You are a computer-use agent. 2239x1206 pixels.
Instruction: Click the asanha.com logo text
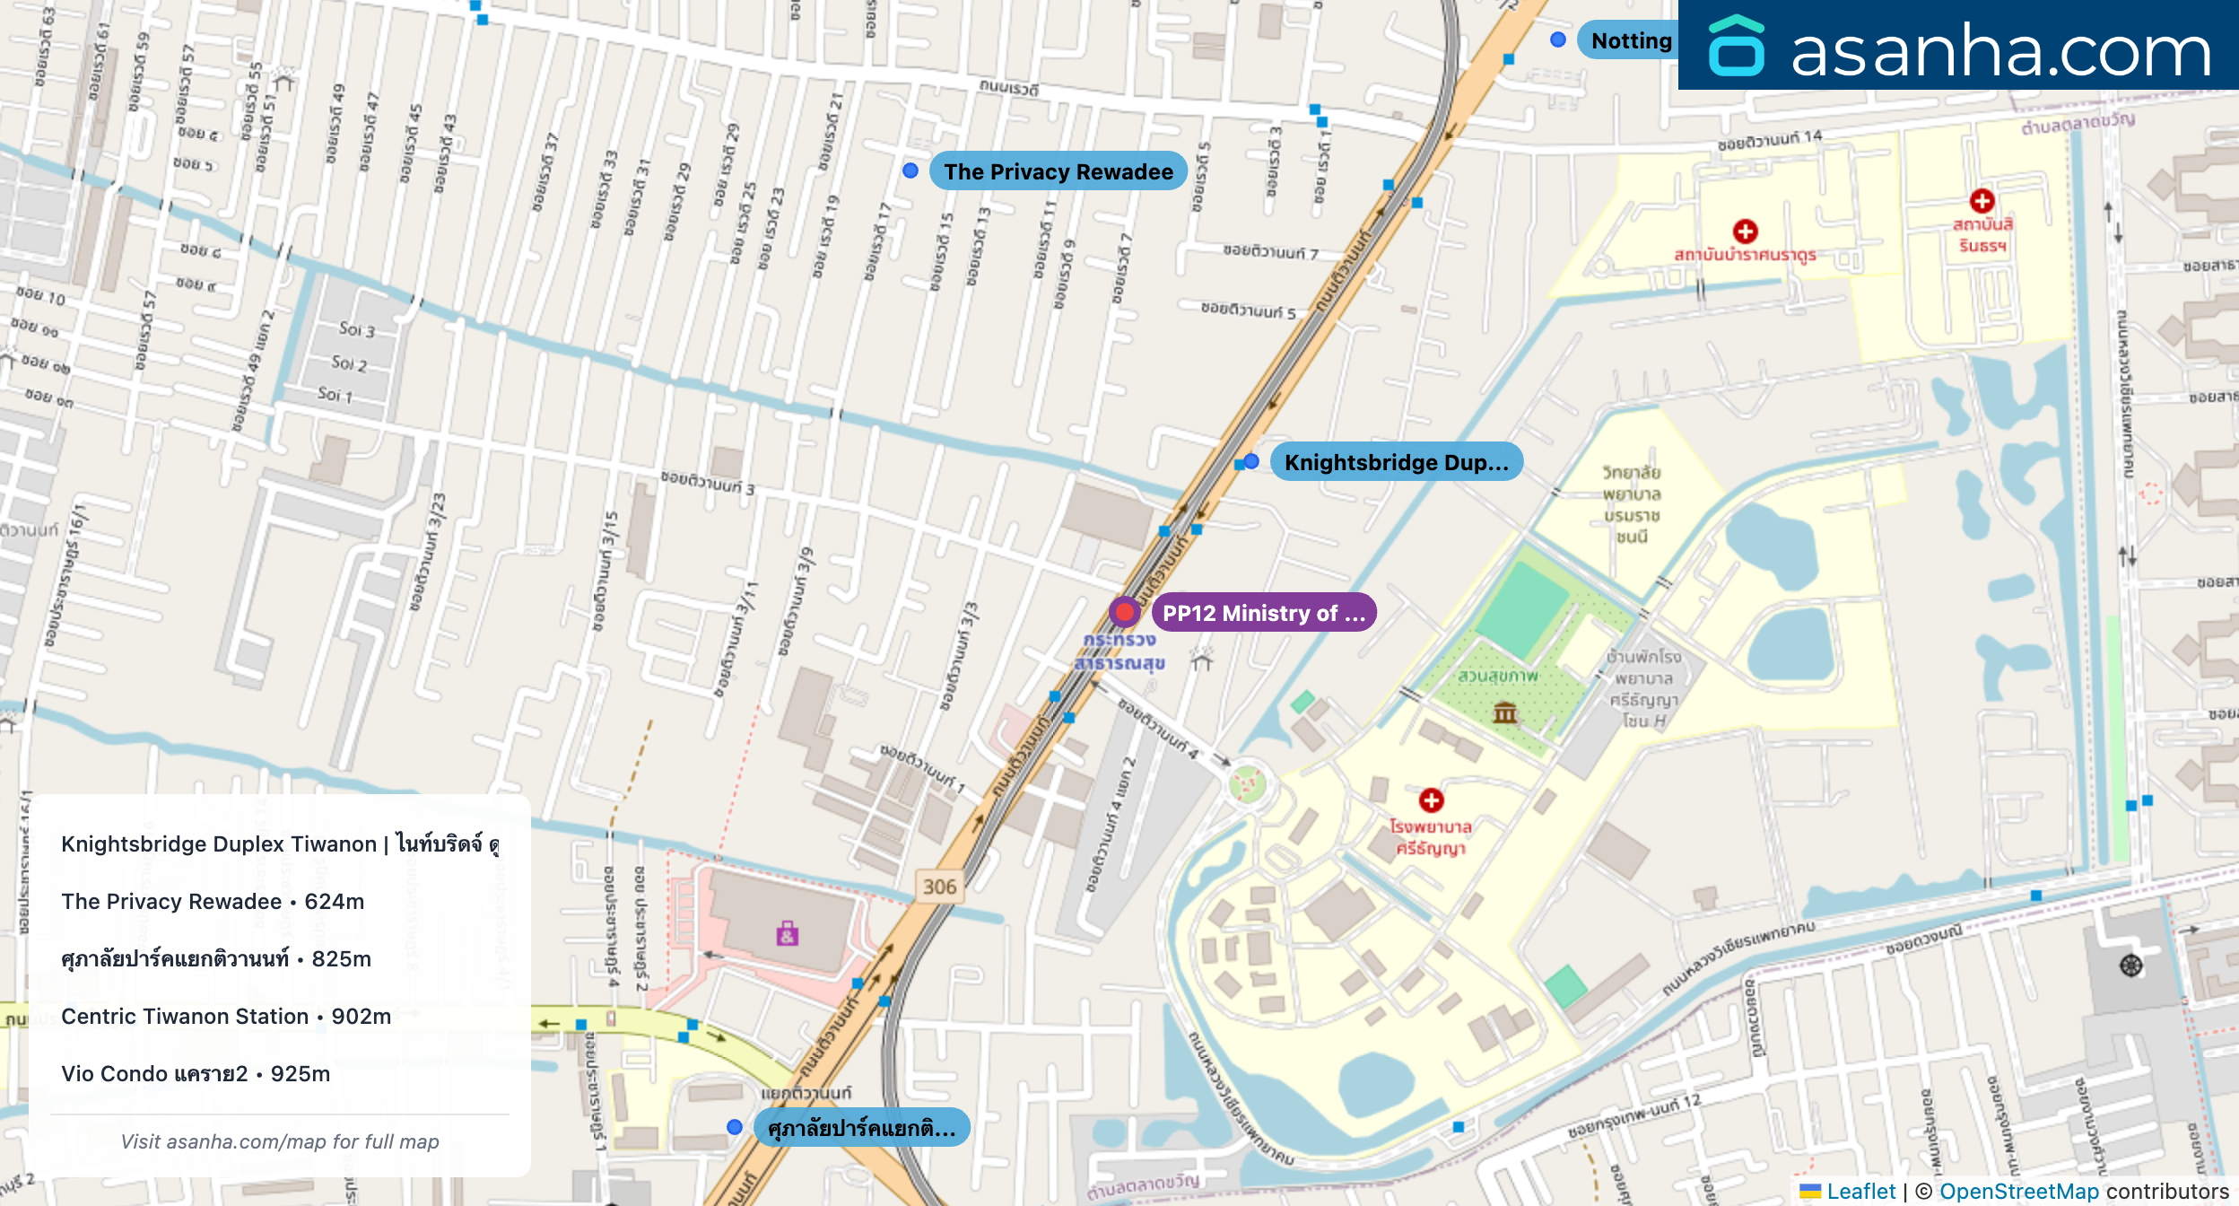point(2000,50)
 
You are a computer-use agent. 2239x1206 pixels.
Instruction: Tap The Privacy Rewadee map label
point(1058,171)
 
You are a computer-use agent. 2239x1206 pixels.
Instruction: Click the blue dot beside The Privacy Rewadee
point(910,170)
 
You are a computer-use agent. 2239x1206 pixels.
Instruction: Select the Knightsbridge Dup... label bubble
point(1396,462)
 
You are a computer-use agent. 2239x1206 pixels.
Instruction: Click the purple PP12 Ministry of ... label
point(1263,613)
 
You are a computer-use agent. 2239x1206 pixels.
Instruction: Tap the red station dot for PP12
point(1124,612)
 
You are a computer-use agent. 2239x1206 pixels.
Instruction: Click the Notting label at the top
point(1630,40)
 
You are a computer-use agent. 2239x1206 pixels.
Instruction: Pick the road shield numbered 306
point(939,887)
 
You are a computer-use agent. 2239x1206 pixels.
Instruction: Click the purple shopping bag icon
point(787,934)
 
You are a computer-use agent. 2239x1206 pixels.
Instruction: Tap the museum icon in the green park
point(1504,713)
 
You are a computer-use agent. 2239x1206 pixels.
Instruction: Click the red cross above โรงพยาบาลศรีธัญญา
point(1431,800)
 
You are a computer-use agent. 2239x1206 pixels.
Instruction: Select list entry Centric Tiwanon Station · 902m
point(226,1016)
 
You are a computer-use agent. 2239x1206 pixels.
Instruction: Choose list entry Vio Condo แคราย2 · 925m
point(196,1073)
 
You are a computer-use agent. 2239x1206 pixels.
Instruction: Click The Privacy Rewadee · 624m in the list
point(213,901)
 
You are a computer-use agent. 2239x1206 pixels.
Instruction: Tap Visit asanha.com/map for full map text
point(280,1141)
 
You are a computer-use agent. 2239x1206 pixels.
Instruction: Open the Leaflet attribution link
point(1860,1191)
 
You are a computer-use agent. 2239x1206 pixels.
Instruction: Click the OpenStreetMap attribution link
point(2018,1191)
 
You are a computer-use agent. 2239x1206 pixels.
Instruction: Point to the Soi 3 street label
point(356,329)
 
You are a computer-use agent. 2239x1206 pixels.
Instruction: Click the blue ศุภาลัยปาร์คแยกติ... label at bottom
point(861,1128)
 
